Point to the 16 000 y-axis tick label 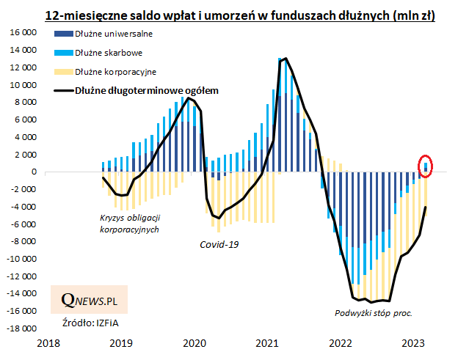(22, 33)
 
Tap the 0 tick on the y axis (34, 172)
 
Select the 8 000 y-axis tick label (24, 103)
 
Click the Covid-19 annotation (219, 243)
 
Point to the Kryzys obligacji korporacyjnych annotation (129, 224)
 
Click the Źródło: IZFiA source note (85, 322)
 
